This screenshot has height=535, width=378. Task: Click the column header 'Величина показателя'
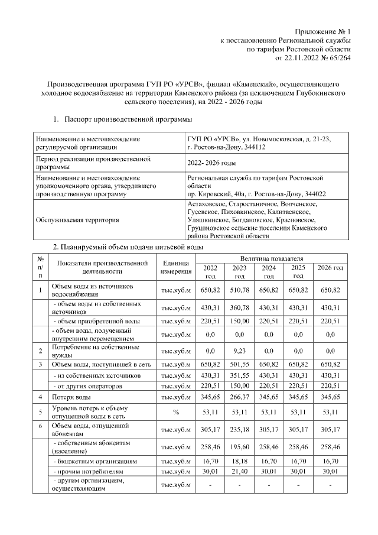(271, 258)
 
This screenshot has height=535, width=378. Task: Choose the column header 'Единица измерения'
(175, 267)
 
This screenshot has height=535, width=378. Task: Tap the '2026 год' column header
(330, 268)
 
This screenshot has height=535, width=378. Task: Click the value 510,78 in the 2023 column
(239, 290)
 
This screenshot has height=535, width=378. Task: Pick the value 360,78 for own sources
(239, 307)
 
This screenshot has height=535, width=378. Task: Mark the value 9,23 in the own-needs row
(239, 351)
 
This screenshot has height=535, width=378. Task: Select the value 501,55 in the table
(239, 364)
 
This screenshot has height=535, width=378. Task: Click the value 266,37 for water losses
(239, 397)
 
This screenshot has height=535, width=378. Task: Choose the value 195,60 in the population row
(239, 446)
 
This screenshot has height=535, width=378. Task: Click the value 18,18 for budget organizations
(239, 460)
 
